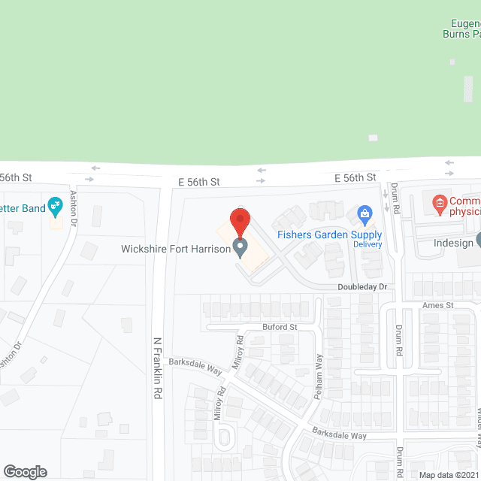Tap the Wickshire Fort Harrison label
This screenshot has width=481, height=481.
[x=175, y=249]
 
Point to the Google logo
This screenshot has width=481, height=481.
[x=25, y=471]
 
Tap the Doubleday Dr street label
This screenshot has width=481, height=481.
[x=362, y=287]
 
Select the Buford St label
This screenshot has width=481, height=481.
[x=280, y=327]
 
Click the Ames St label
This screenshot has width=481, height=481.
[x=438, y=305]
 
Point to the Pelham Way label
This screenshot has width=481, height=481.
[x=319, y=375]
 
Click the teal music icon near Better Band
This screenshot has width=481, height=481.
[x=55, y=204]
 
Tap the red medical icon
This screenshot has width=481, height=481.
[x=438, y=202]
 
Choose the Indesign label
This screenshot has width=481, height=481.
[x=453, y=243]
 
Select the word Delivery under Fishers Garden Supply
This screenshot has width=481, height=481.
[x=368, y=244]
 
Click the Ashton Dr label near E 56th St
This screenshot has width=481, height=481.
[x=74, y=208]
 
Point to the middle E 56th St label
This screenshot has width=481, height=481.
[x=198, y=182]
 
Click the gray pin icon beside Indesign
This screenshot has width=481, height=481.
[x=478, y=241]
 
